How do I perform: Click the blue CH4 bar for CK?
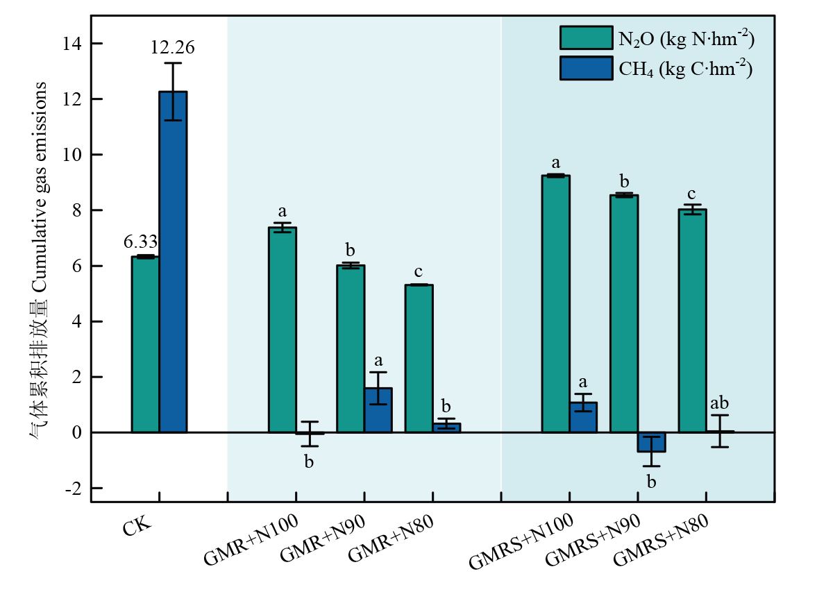pos(173,262)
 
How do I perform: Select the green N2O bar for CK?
pos(145,344)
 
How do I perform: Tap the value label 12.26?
pos(173,48)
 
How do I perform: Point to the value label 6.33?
pos(141,242)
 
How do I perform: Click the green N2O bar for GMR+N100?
pos(283,330)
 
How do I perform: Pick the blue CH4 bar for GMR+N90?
pos(378,410)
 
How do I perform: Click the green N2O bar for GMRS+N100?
pos(556,304)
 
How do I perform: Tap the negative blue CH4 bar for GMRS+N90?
pos(652,442)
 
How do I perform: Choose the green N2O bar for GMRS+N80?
pos(693,321)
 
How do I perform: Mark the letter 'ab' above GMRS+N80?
pos(718,403)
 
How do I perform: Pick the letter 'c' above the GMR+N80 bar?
pos(419,271)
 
